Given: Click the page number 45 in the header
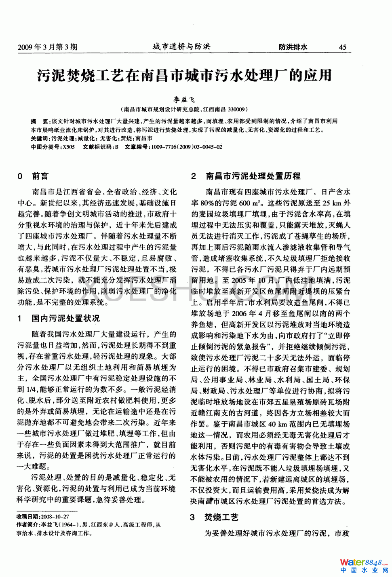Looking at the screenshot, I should (342, 47).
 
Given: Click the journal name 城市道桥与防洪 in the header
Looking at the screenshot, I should (181, 46).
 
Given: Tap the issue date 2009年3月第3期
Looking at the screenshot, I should (47, 47).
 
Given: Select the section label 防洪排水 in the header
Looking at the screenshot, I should (293, 47).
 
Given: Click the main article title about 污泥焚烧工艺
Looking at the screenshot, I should (184, 75).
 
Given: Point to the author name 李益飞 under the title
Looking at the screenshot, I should (184, 99).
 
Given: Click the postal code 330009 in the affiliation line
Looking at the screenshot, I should (236, 109).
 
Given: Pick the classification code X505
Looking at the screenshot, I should (68, 147).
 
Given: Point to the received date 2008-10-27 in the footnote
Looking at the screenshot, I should (55, 516).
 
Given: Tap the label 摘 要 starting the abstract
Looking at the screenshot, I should (40, 121).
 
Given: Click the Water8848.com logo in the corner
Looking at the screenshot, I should (363, 565).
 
